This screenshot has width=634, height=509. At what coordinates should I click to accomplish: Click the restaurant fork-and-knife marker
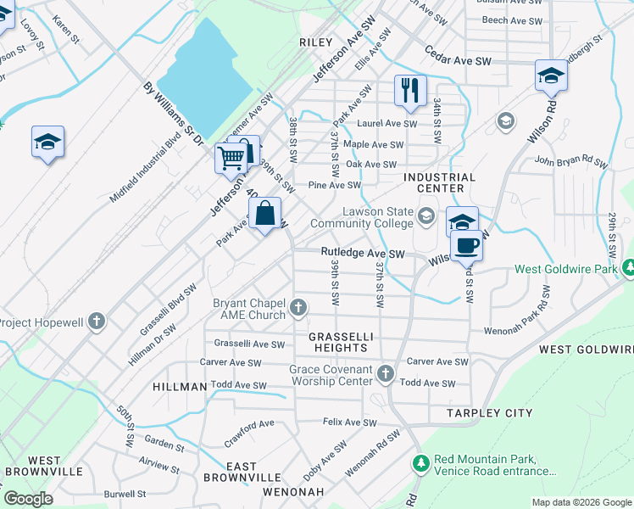pos(410,91)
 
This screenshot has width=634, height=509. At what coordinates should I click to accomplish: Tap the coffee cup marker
pos(466,246)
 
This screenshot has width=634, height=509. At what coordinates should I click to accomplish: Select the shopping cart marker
pos(231,158)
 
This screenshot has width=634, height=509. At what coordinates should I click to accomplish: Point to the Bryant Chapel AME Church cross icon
pos(298,307)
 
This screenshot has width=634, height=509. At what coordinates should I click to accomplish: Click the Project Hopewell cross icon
pos(97,322)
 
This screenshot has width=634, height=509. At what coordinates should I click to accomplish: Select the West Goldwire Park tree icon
pos(628,269)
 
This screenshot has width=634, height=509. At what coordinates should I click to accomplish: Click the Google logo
pos(28,499)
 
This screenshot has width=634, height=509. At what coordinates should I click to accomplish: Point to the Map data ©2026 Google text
pos(581,502)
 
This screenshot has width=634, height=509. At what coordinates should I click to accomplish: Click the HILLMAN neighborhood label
pos(180,387)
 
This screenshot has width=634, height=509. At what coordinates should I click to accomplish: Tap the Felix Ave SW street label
pos(349,422)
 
